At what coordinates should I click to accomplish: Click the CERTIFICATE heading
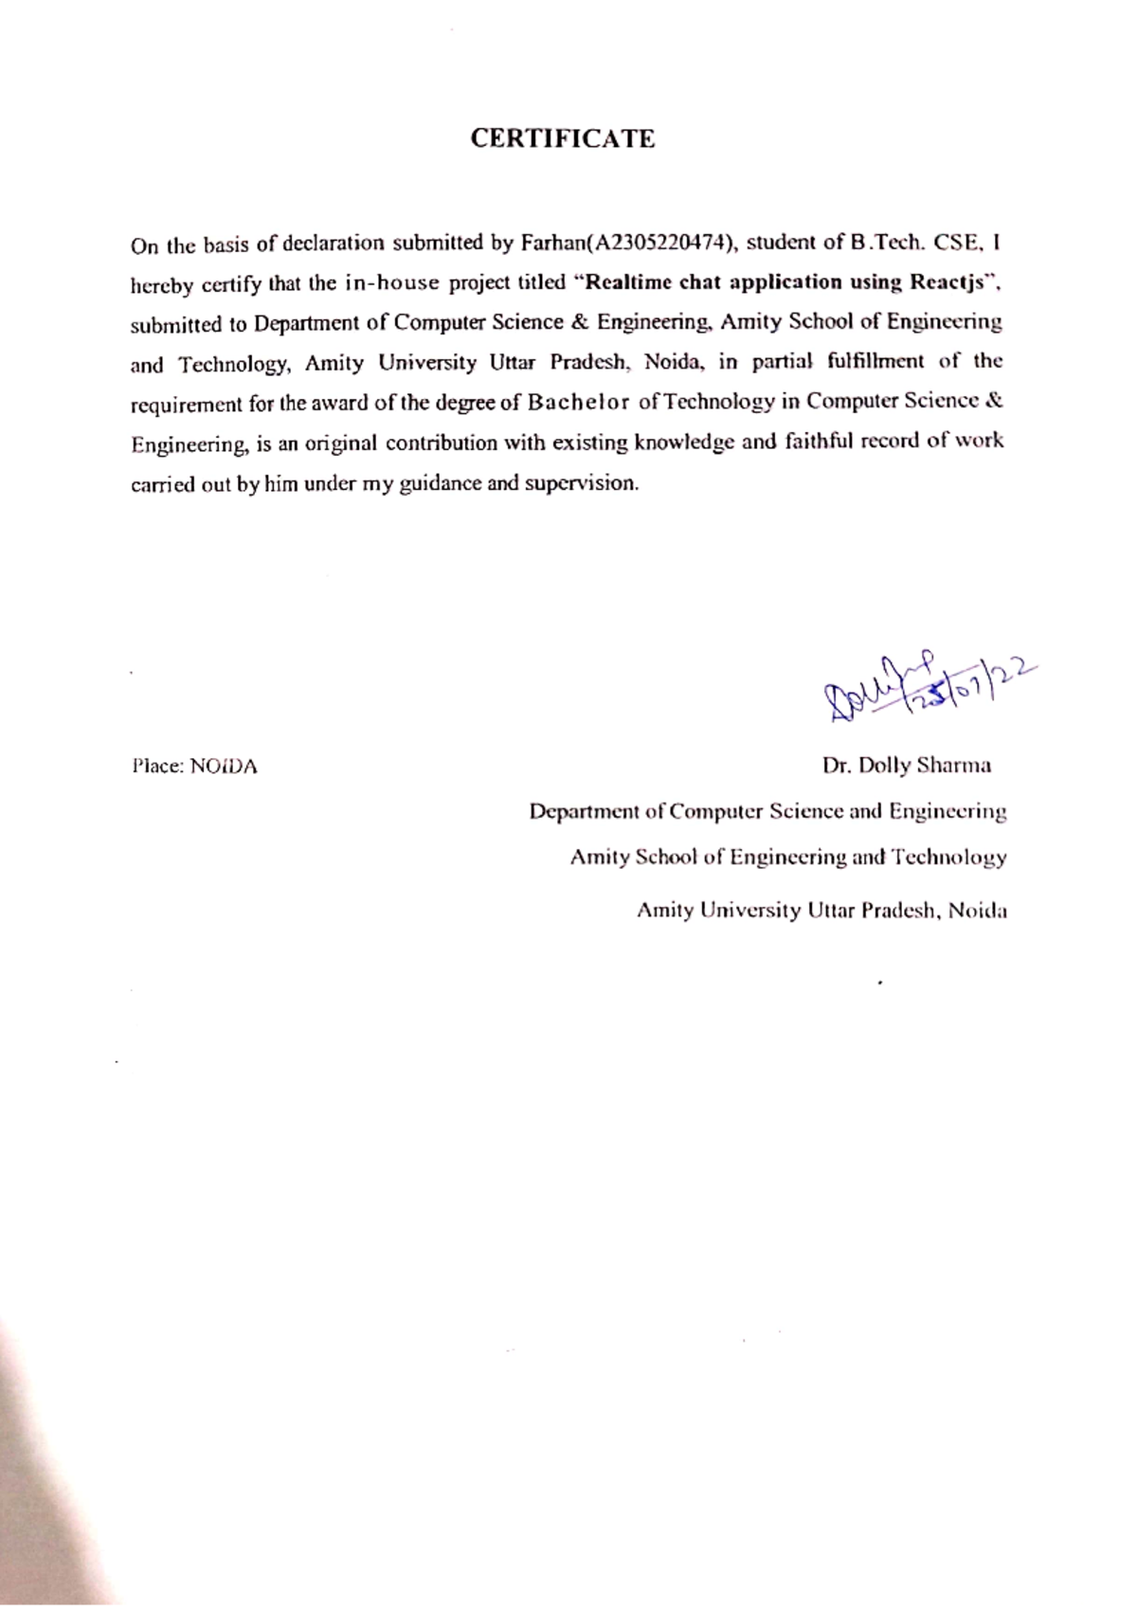pyautogui.click(x=563, y=138)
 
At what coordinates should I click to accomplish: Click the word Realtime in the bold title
pyautogui.click(x=629, y=282)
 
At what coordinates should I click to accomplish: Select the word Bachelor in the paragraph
pyautogui.click(x=578, y=402)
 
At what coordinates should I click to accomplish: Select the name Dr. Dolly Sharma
pyautogui.click(x=907, y=765)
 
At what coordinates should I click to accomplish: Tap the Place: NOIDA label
pyautogui.click(x=194, y=766)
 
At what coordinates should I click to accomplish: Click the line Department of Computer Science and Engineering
pyautogui.click(x=767, y=811)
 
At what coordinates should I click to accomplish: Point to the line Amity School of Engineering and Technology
pyautogui.click(x=787, y=857)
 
